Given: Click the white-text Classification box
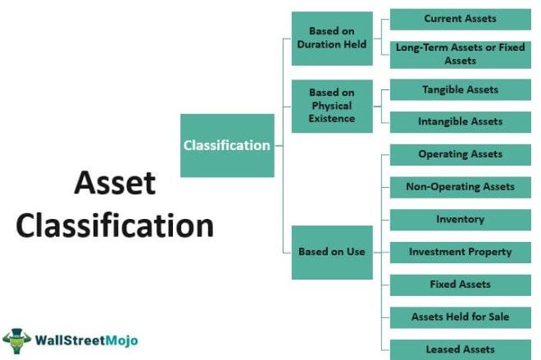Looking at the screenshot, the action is (x=227, y=145).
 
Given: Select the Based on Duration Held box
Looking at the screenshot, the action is (x=332, y=39).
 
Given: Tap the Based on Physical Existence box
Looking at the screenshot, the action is (x=332, y=106).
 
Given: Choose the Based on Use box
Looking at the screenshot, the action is (x=332, y=253).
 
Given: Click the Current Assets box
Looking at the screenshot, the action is (x=461, y=20).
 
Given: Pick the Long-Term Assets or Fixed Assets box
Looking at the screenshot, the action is (x=461, y=55).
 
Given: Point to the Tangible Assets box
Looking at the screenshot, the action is (x=461, y=89).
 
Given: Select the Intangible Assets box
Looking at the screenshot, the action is (x=461, y=122).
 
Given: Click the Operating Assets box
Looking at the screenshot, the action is (x=461, y=155).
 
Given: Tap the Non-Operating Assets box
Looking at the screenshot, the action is (x=461, y=187).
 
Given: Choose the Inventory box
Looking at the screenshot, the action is (x=461, y=220).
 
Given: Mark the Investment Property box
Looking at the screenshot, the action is (x=461, y=253).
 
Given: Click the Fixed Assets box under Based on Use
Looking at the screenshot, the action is (x=461, y=285).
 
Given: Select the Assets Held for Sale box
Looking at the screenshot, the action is (x=461, y=317).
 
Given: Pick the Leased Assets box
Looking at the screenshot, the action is (x=461, y=349).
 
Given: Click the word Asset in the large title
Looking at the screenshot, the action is (x=115, y=183).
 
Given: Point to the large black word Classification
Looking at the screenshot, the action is (x=115, y=225).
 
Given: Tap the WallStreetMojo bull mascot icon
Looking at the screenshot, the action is (x=16, y=340).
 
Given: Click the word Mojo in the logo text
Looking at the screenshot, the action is (x=121, y=341).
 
